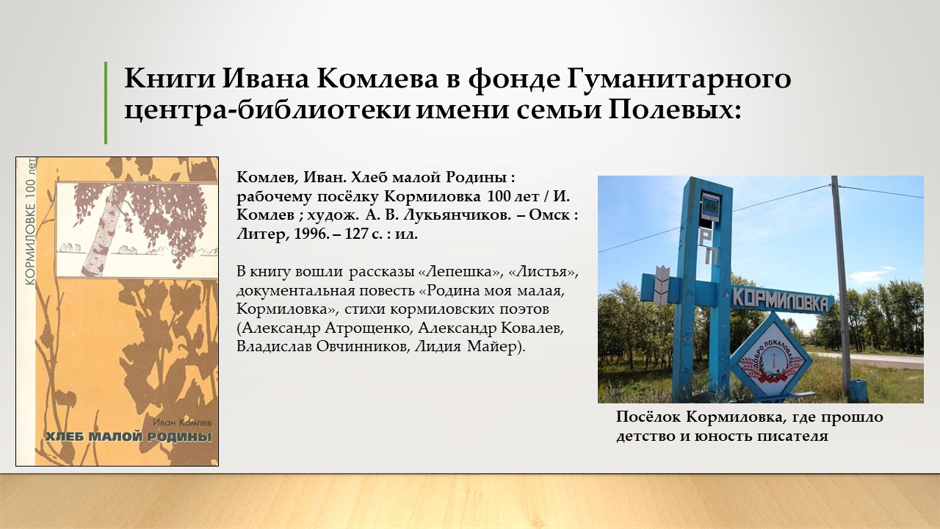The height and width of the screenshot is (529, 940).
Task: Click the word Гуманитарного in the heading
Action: click(679, 79)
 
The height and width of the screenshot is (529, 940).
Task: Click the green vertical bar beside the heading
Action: click(106, 103)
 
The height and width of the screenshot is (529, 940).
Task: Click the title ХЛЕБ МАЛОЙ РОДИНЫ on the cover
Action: click(129, 436)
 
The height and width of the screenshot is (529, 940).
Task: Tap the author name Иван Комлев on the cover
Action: click(183, 422)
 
